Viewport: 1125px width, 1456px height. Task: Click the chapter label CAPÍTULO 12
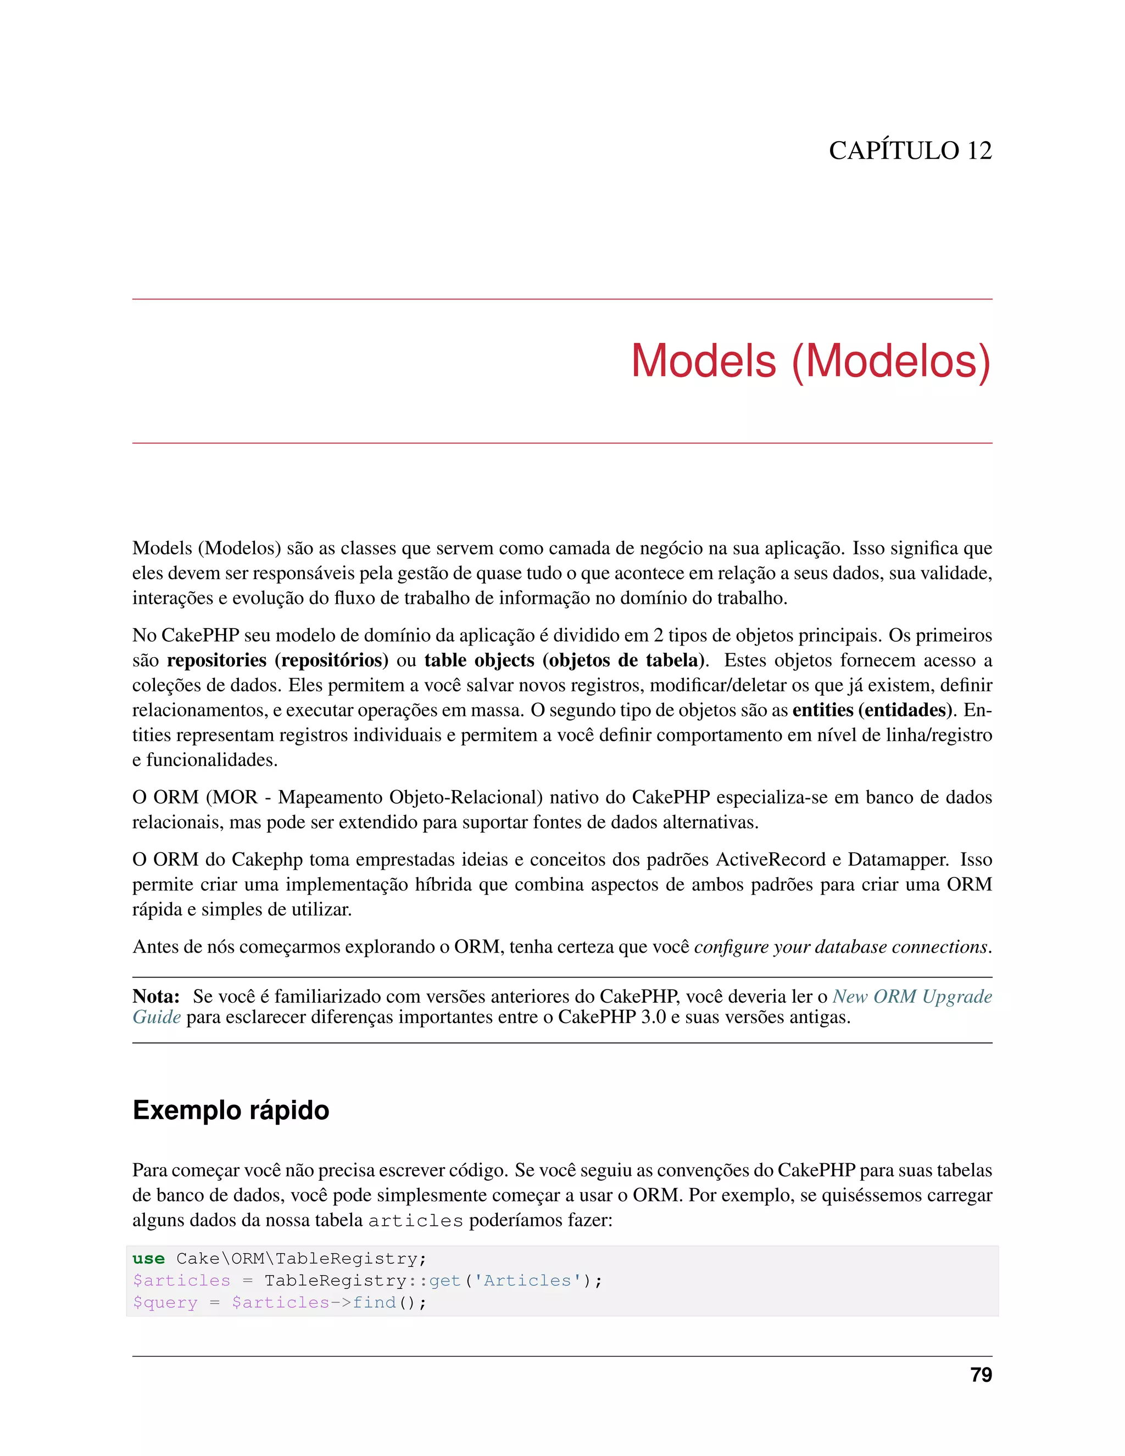click(x=910, y=151)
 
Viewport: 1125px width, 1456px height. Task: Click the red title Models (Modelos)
click(x=810, y=362)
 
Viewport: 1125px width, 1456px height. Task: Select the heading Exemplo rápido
click(x=231, y=1110)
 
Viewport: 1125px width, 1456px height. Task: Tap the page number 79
click(x=981, y=1375)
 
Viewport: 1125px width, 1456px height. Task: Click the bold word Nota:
click(x=156, y=997)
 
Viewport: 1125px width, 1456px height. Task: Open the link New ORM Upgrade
click(x=912, y=997)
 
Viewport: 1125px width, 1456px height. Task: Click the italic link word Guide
click(x=157, y=1018)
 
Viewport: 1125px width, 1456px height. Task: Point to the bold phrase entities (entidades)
click(x=871, y=710)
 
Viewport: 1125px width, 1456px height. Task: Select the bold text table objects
click(x=479, y=660)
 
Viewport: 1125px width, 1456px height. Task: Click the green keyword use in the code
click(x=149, y=1259)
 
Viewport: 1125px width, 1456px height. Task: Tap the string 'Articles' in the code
click(x=527, y=1281)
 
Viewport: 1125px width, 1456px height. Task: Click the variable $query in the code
click(x=165, y=1303)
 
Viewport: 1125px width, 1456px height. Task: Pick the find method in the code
click(x=374, y=1303)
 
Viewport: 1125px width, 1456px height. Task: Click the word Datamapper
click(x=897, y=859)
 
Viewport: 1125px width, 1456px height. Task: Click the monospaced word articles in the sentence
click(x=415, y=1221)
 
